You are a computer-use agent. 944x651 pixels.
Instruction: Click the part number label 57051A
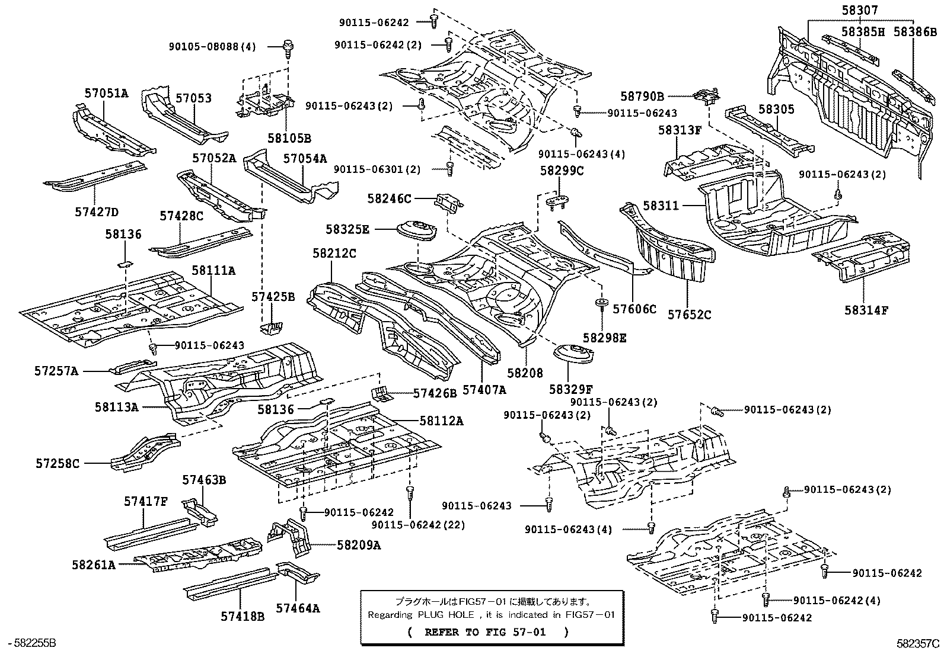coord(106,93)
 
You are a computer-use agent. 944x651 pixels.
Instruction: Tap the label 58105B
coord(289,139)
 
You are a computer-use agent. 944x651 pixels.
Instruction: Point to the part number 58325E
coord(347,229)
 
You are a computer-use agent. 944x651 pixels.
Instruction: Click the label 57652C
coord(689,315)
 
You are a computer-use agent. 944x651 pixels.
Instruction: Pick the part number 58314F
coord(866,309)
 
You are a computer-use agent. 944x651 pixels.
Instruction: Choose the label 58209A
coord(359,545)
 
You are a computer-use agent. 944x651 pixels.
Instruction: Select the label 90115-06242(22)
coord(419,525)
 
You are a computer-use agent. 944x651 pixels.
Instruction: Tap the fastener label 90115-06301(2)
coord(377,169)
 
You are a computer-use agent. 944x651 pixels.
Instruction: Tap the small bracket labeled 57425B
coord(272,326)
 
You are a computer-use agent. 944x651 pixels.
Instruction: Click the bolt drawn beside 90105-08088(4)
coord(289,46)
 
